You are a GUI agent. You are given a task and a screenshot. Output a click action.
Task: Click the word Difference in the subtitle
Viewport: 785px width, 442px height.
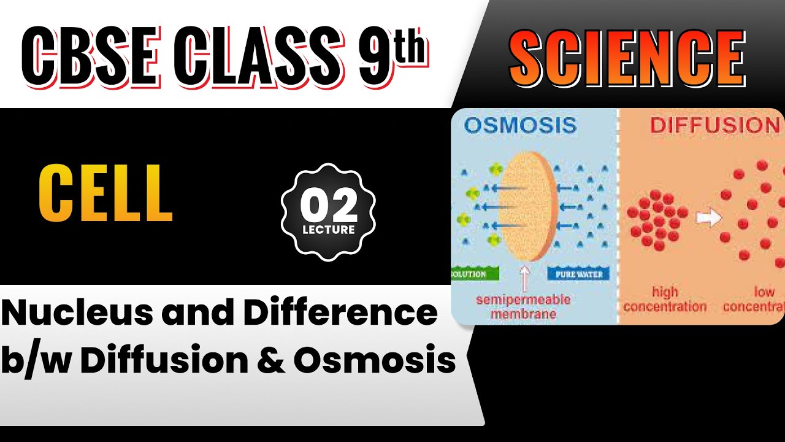pyautogui.click(x=340, y=314)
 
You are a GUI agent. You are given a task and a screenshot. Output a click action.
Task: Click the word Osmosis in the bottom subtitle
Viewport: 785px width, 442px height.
pyautogui.click(x=374, y=361)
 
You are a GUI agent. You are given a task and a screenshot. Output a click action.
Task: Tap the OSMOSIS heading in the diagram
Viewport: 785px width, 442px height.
pyautogui.click(x=520, y=125)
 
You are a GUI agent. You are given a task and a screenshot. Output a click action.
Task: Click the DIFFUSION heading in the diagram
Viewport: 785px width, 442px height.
pyautogui.click(x=714, y=125)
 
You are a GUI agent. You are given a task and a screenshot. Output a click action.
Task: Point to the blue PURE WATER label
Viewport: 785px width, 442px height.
pyautogui.click(x=579, y=274)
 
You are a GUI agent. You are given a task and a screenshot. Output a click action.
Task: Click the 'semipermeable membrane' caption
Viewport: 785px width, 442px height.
pyautogui.click(x=523, y=306)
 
